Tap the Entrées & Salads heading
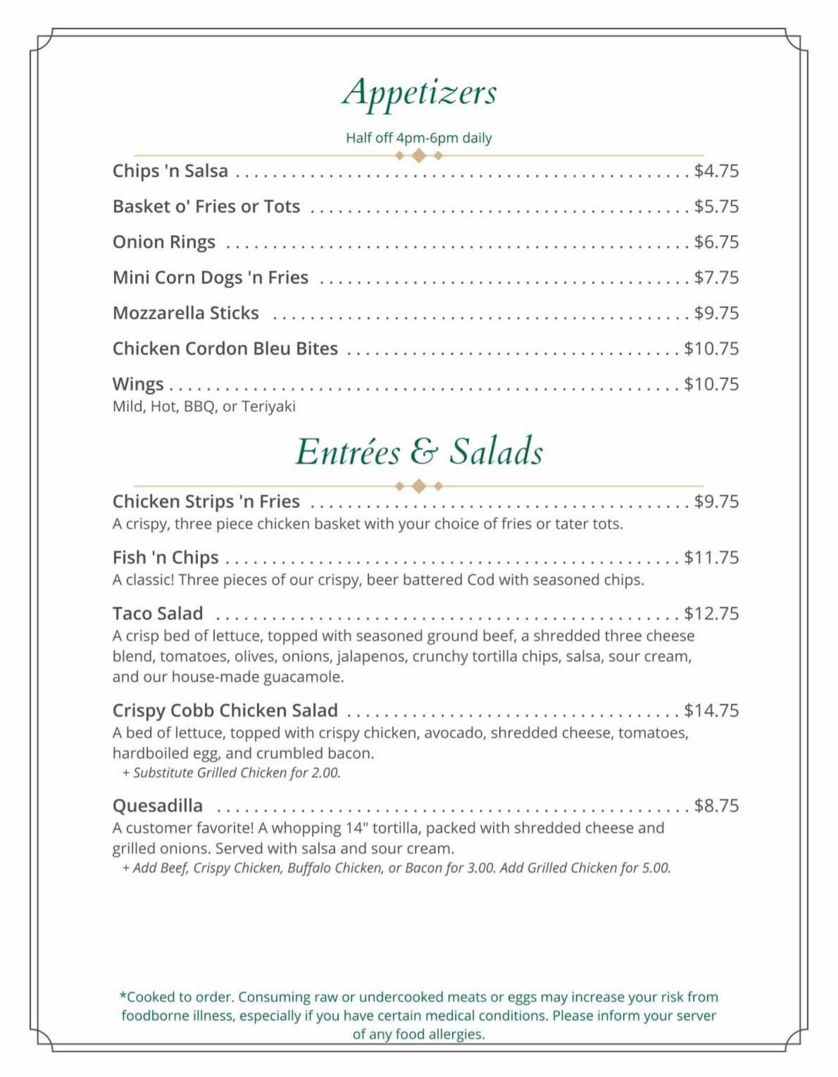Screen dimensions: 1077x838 click(x=419, y=452)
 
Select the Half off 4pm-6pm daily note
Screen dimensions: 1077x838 click(x=419, y=138)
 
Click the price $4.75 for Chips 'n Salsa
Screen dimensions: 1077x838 click(x=716, y=171)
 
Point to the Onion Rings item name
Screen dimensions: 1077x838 click(x=164, y=242)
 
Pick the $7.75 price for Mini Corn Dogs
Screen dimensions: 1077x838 click(x=716, y=277)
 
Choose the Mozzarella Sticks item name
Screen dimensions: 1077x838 click(x=186, y=313)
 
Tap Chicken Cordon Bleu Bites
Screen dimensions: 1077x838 click(x=225, y=348)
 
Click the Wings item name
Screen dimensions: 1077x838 click(x=138, y=384)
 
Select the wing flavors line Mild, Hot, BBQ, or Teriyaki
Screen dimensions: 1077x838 click(x=204, y=406)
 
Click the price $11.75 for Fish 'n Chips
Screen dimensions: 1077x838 click(x=711, y=557)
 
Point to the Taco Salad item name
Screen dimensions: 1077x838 click(x=158, y=614)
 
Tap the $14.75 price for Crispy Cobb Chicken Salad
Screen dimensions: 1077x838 click(x=711, y=710)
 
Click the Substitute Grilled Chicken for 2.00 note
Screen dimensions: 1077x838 click(x=231, y=773)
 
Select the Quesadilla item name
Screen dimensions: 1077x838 click(x=158, y=805)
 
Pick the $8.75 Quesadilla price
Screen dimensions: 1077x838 click(x=716, y=805)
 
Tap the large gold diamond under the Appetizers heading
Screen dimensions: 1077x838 click(x=418, y=156)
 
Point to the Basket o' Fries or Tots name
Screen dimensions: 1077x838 click(x=206, y=206)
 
